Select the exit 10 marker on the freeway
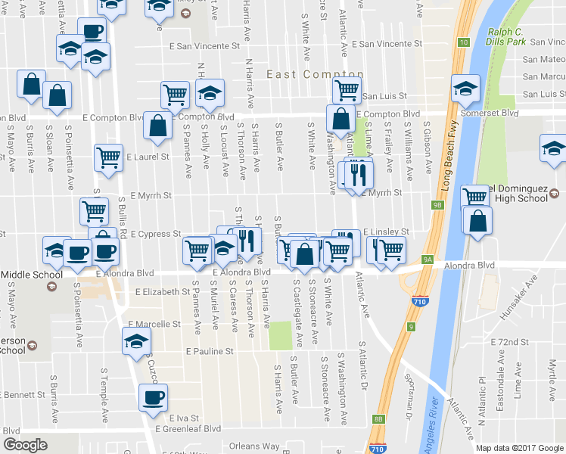462,42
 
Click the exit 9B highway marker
438,205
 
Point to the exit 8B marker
378,418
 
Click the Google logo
25,445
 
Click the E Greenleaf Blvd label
188,428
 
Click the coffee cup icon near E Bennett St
153,396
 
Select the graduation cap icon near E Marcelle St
136,340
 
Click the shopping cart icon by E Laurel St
108,157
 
